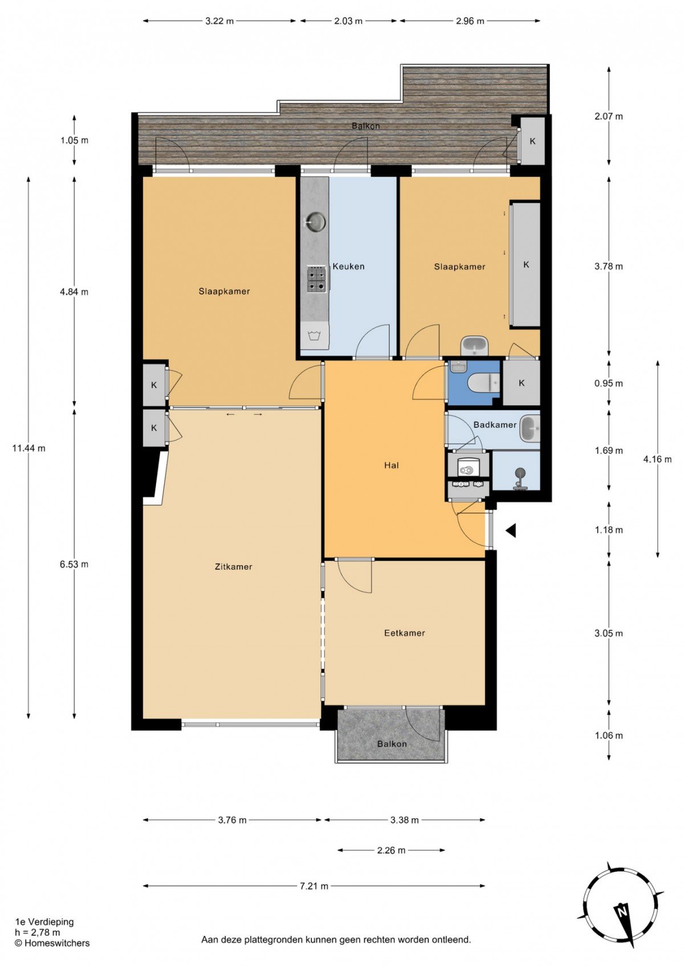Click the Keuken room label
348,267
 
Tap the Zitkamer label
234,567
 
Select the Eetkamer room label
404,633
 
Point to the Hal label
392,465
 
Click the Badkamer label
495,425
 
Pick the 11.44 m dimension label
29,448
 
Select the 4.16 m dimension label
657,459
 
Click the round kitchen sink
315,222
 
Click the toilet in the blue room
485,382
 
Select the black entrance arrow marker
511,531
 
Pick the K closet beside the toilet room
522,383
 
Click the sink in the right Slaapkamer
475,346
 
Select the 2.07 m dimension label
609,116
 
